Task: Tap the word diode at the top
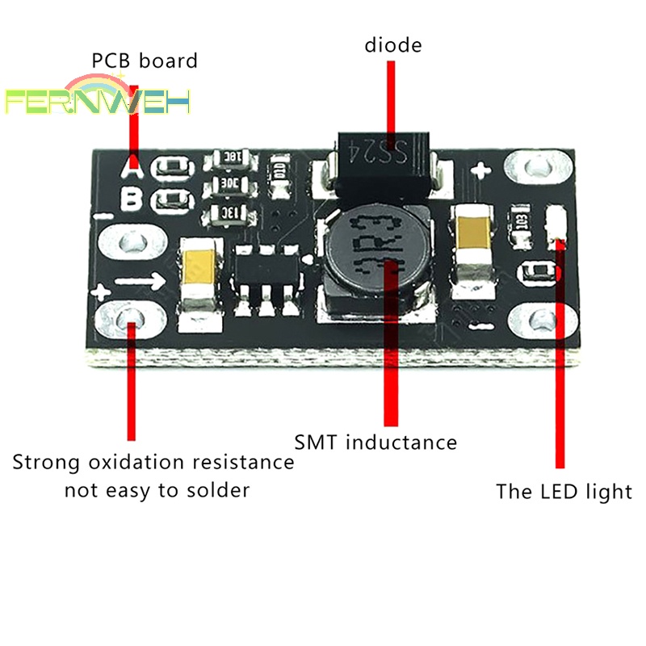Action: pos(393,45)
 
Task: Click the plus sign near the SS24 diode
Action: pos(482,170)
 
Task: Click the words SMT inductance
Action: pos(375,443)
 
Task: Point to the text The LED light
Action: pos(563,491)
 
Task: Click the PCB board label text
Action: pos(144,61)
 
